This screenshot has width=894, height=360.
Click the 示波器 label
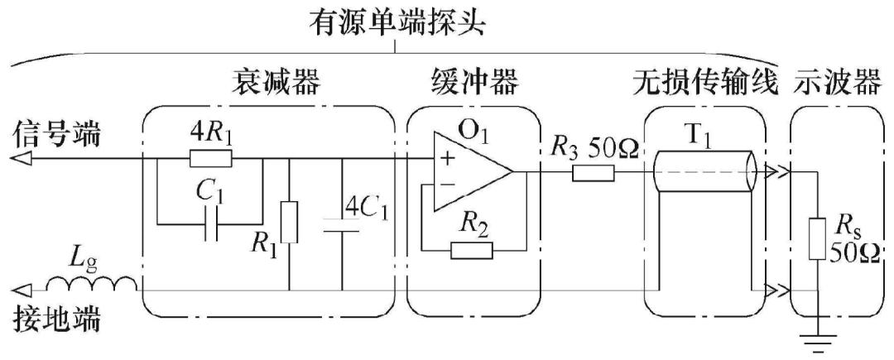(839, 84)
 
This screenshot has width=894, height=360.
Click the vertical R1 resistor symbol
(289, 222)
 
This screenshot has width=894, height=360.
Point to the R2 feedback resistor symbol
(469, 249)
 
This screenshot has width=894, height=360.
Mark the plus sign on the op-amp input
(449, 159)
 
